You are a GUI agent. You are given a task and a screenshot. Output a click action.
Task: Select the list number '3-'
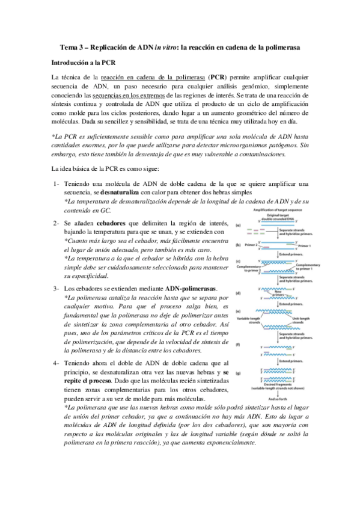[x=55, y=288]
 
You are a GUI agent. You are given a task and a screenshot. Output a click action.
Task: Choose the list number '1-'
[x=55, y=183]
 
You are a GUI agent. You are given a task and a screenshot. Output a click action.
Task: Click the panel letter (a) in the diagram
[x=239, y=225]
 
